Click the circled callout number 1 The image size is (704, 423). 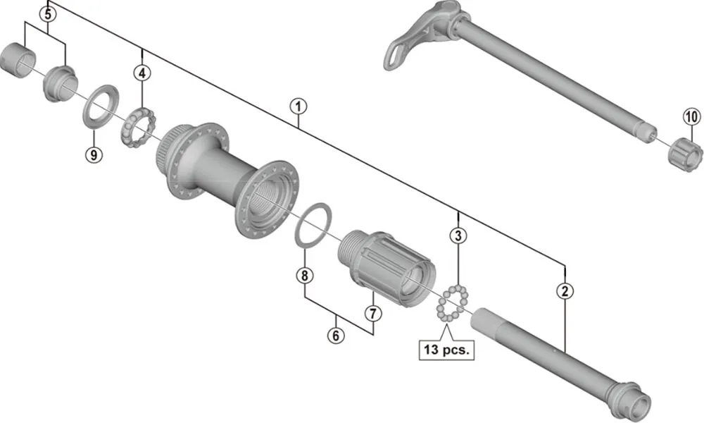[x=298, y=106]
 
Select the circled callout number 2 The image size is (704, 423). [x=564, y=289]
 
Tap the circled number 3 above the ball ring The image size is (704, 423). [x=458, y=235]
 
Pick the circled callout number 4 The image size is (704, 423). [x=143, y=73]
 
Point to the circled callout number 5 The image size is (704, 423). [x=47, y=13]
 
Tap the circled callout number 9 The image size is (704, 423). [x=94, y=154]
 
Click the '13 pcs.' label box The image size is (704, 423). [x=446, y=348]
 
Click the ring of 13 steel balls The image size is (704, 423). [x=452, y=305]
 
